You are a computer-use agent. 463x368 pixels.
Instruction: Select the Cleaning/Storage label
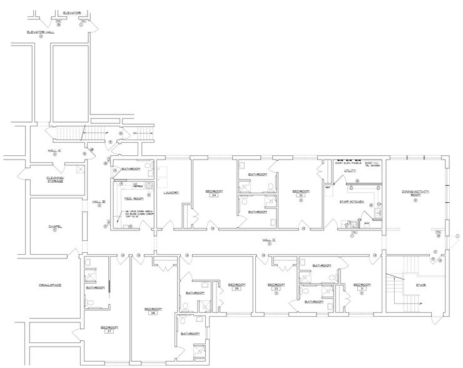(x=54, y=179)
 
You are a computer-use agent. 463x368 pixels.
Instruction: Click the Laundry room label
(x=171, y=192)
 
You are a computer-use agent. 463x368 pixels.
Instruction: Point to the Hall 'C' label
(x=269, y=239)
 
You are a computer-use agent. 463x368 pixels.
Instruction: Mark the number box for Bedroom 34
(x=214, y=196)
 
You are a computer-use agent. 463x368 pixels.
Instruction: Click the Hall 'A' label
(x=54, y=151)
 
